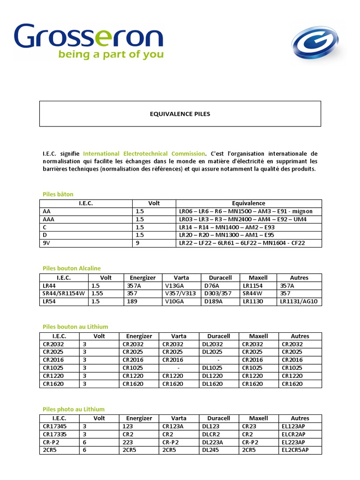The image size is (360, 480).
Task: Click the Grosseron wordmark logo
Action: pyautogui.click(x=89, y=36)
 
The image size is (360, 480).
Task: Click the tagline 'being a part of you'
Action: pyautogui.click(x=111, y=54)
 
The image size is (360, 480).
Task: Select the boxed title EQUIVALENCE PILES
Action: pyautogui.click(x=180, y=114)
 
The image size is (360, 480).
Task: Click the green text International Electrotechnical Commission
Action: pyautogui.click(x=144, y=153)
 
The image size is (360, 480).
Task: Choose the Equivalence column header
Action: pyautogui.click(x=248, y=203)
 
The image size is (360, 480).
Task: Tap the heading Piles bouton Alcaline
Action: pyautogui.click(x=71, y=268)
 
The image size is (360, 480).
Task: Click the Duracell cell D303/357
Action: pyautogui.click(x=218, y=293)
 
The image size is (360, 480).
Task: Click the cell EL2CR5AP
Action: pyautogui.click(x=295, y=450)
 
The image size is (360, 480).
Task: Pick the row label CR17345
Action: pyautogui.click(x=55, y=426)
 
